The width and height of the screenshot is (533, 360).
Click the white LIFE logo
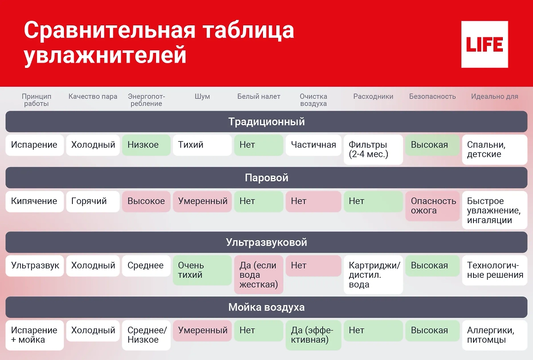coord(484,44)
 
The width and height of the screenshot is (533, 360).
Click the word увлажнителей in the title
coord(105,56)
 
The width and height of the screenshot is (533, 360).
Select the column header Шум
coord(202,96)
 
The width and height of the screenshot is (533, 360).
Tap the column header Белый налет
coord(259,96)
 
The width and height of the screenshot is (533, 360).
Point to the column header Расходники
coord(373,96)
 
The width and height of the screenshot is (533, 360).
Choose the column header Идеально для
coord(494,96)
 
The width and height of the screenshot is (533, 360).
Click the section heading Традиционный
coord(266,122)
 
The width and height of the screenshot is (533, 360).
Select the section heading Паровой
coord(266,178)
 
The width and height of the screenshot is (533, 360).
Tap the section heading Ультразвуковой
coord(266,243)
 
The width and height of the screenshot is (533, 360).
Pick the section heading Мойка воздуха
coord(266,308)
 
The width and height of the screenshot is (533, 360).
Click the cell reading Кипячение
coord(34,201)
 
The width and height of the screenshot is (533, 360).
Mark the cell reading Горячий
coord(92,201)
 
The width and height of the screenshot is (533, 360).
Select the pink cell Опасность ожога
coord(432,206)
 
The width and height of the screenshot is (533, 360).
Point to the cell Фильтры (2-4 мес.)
coord(373,150)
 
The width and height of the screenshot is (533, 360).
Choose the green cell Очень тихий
coord(202,270)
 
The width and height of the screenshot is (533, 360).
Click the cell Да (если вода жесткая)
coord(259,275)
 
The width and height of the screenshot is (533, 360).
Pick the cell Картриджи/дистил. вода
coord(373,275)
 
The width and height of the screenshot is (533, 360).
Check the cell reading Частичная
coord(313,145)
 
